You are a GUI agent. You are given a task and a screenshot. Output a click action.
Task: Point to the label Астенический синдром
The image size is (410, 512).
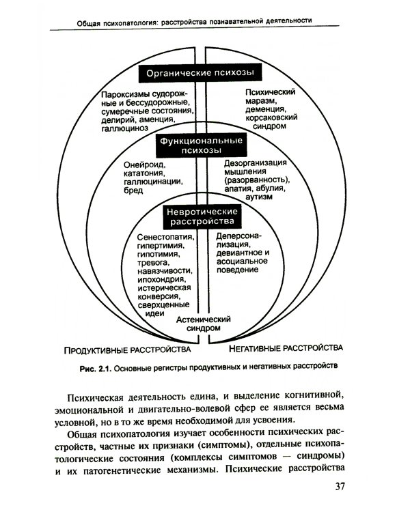pyautogui.click(x=204, y=322)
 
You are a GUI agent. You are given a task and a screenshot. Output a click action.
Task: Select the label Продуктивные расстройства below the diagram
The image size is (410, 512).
pyautogui.click(x=127, y=350)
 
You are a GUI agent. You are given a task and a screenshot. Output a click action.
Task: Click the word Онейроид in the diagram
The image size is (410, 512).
pyautogui.click(x=145, y=165)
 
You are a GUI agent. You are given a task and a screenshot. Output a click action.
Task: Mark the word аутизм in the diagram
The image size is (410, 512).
pyautogui.click(x=258, y=197)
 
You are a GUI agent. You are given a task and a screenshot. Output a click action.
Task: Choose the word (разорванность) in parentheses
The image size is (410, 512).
pyautogui.click(x=256, y=180)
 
